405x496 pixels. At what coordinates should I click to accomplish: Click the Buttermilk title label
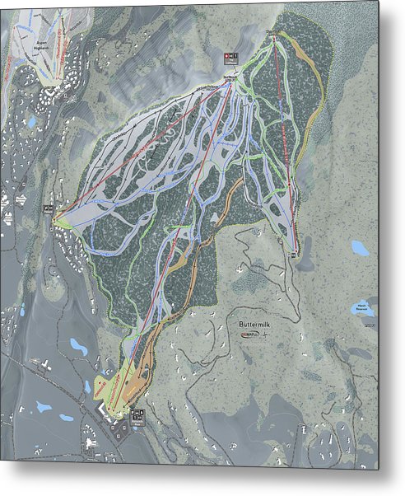click(256, 325)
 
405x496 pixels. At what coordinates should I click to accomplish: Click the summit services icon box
click(230, 57)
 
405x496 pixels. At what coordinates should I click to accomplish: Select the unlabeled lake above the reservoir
click(359, 247)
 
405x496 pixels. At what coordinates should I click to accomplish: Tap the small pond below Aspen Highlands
click(30, 121)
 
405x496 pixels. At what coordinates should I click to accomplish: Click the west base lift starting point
click(58, 219)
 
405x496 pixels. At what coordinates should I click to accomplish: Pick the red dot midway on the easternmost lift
click(284, 140)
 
